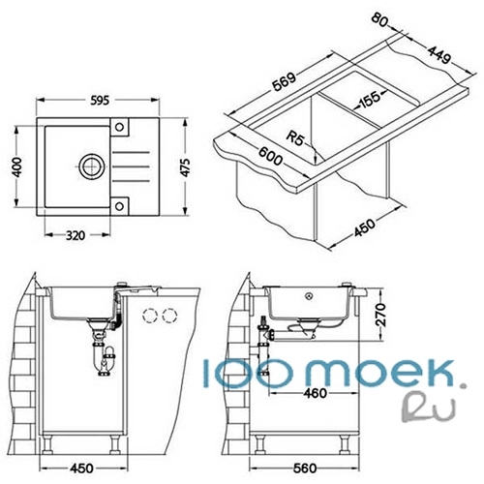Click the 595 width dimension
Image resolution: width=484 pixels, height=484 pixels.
click(x=100, y=101)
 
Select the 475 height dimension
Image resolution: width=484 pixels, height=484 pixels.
click(x=185, y=167)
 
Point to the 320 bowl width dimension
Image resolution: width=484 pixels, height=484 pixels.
click(x=76, y=235)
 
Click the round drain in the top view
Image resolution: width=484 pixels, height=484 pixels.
click(x=92, y=166)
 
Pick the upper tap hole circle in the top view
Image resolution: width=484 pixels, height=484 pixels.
click(x=119, y=127)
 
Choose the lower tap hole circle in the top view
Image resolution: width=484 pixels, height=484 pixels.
click(x=119, y=206)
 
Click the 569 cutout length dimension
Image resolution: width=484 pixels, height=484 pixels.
click(x=284, y=82)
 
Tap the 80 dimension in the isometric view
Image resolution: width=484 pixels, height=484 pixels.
click(x=378, y=19)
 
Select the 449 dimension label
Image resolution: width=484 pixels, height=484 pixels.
click(x=439, y=54)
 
